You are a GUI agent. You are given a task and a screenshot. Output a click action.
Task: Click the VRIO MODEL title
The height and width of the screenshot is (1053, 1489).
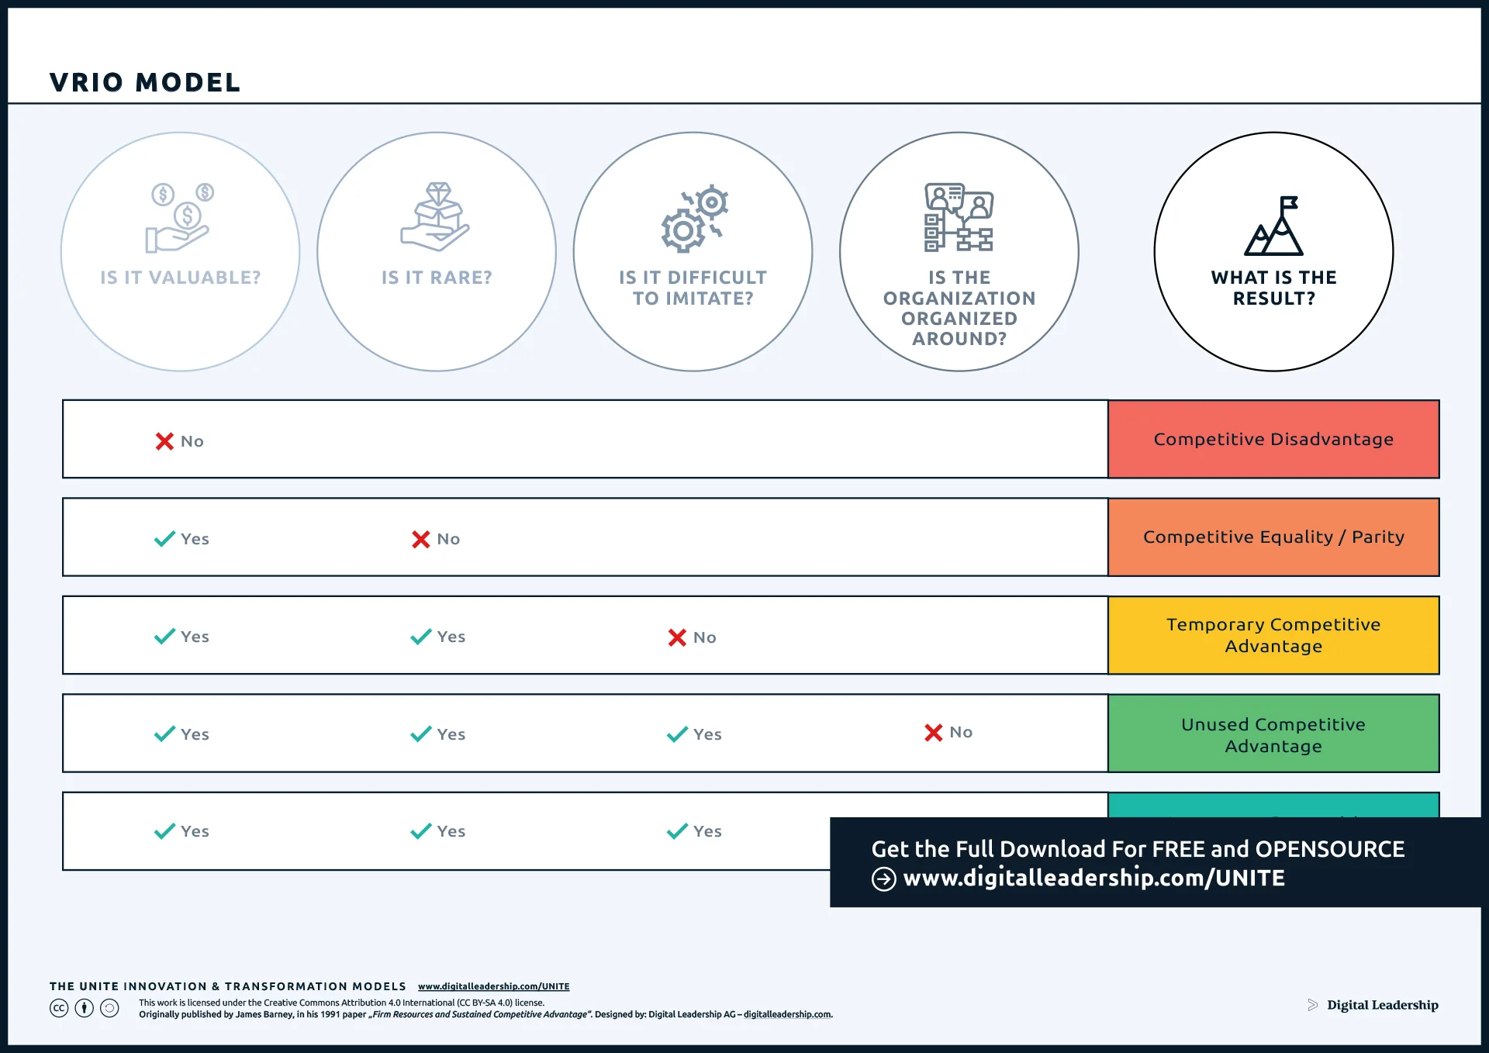[x=145, y=82]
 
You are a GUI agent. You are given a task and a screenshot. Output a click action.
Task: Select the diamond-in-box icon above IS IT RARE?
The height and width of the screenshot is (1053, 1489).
[x=436, y=217]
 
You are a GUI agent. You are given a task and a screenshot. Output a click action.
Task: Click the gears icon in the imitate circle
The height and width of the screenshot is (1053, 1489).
[x=694, y=219]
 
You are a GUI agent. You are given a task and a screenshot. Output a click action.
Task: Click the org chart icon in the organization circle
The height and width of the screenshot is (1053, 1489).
[x=959, y=217]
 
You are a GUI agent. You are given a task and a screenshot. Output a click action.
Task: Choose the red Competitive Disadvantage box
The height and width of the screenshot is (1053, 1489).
[x=1273, y=439]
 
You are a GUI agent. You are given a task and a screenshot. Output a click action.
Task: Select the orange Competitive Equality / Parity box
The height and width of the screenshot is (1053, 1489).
[x=1273, y=537]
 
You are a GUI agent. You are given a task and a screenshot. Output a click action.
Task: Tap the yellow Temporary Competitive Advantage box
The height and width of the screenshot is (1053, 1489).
[x=1273, y=635]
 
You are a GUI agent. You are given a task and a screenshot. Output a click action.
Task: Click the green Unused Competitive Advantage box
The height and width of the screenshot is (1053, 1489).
[x=1273, y=734]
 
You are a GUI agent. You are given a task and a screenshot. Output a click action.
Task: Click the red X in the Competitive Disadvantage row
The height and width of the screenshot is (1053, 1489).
[x=164, y=441]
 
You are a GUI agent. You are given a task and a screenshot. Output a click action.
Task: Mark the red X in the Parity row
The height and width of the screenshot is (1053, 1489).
[x=420, y=539]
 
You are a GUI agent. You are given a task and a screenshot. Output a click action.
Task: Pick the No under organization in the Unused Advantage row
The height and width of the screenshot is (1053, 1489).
[x=960, y=732]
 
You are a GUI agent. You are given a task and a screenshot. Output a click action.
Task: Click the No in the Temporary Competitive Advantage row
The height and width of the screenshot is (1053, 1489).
[x=704, y=637]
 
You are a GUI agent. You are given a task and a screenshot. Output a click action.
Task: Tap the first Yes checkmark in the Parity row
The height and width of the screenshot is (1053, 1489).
[x=164, y=538]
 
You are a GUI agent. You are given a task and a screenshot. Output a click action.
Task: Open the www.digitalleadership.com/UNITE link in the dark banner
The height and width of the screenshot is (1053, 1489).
[x=1093, y=878]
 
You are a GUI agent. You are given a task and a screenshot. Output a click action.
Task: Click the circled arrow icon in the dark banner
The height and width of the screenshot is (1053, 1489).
[x=883, y=879]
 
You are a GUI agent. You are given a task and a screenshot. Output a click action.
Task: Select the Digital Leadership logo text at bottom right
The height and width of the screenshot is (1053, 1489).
[x=1382, y=1005]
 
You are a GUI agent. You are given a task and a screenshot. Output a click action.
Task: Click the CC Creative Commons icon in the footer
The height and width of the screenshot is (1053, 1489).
[x=59, y=1008]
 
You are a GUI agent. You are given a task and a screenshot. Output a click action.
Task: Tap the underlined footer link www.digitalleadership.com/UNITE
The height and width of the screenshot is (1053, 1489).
[x=493, y=986]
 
